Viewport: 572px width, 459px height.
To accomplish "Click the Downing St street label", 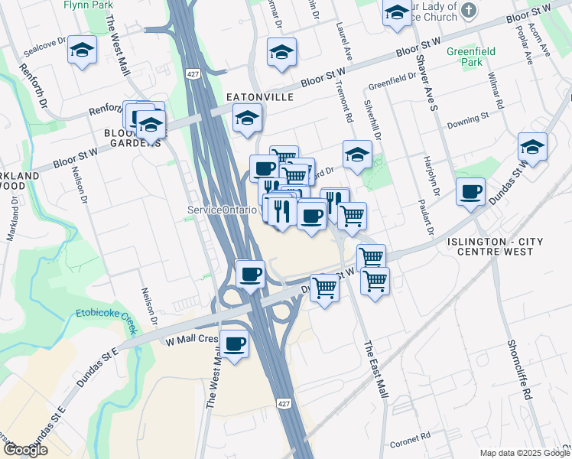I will (x=467, y=119).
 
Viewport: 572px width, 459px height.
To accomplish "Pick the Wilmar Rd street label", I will (x=498, y=90).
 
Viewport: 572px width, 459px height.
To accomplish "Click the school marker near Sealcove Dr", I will (x=82, y=50).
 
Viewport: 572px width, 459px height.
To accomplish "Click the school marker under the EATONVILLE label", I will (x=247, y=119).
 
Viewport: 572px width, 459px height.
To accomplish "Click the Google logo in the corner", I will (x=25, y=450).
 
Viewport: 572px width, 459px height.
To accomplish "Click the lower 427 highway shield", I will (x=284, y=403).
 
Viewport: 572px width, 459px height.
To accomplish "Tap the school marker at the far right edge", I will (x=532, y=148).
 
